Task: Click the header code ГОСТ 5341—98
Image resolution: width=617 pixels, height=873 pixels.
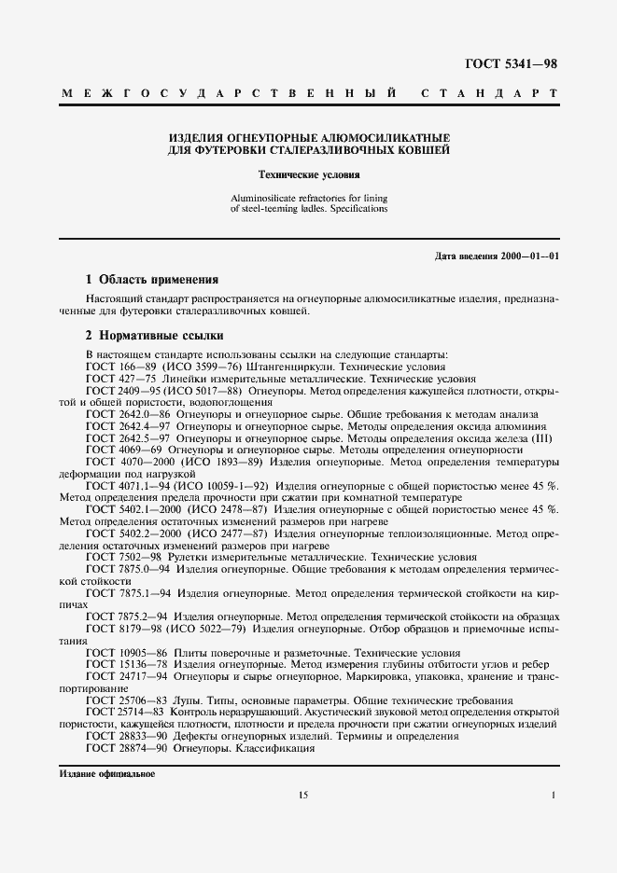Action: [x=512, y=63]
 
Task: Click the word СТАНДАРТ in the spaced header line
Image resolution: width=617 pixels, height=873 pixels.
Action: [x=490, y=94]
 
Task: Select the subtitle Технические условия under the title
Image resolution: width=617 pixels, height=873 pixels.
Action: [x=308, y=174]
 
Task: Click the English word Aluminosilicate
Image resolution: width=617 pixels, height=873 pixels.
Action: [x=264, y=198]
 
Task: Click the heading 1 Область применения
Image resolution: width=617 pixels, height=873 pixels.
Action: [x=151, y=279]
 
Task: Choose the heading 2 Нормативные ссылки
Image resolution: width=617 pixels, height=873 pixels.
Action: [x=154, y=335]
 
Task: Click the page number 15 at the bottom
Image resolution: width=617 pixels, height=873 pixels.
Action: [x=303, y=795]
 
